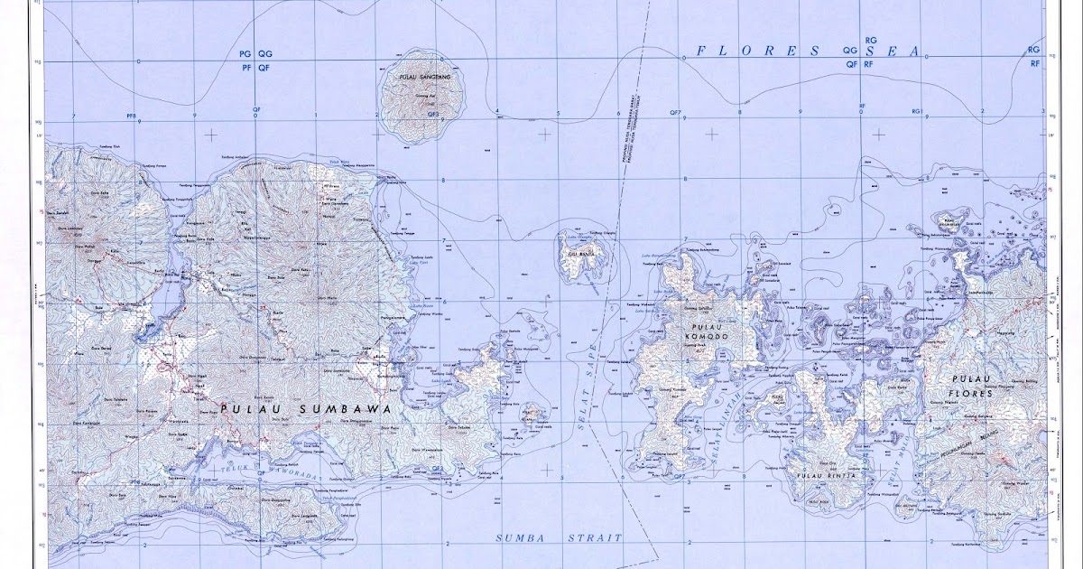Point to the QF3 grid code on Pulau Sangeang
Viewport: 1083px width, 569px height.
(x=433, y=115)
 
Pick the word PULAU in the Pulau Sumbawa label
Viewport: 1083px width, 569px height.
(x=242, y=408)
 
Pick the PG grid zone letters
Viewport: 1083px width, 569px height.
(x=245, y=53)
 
